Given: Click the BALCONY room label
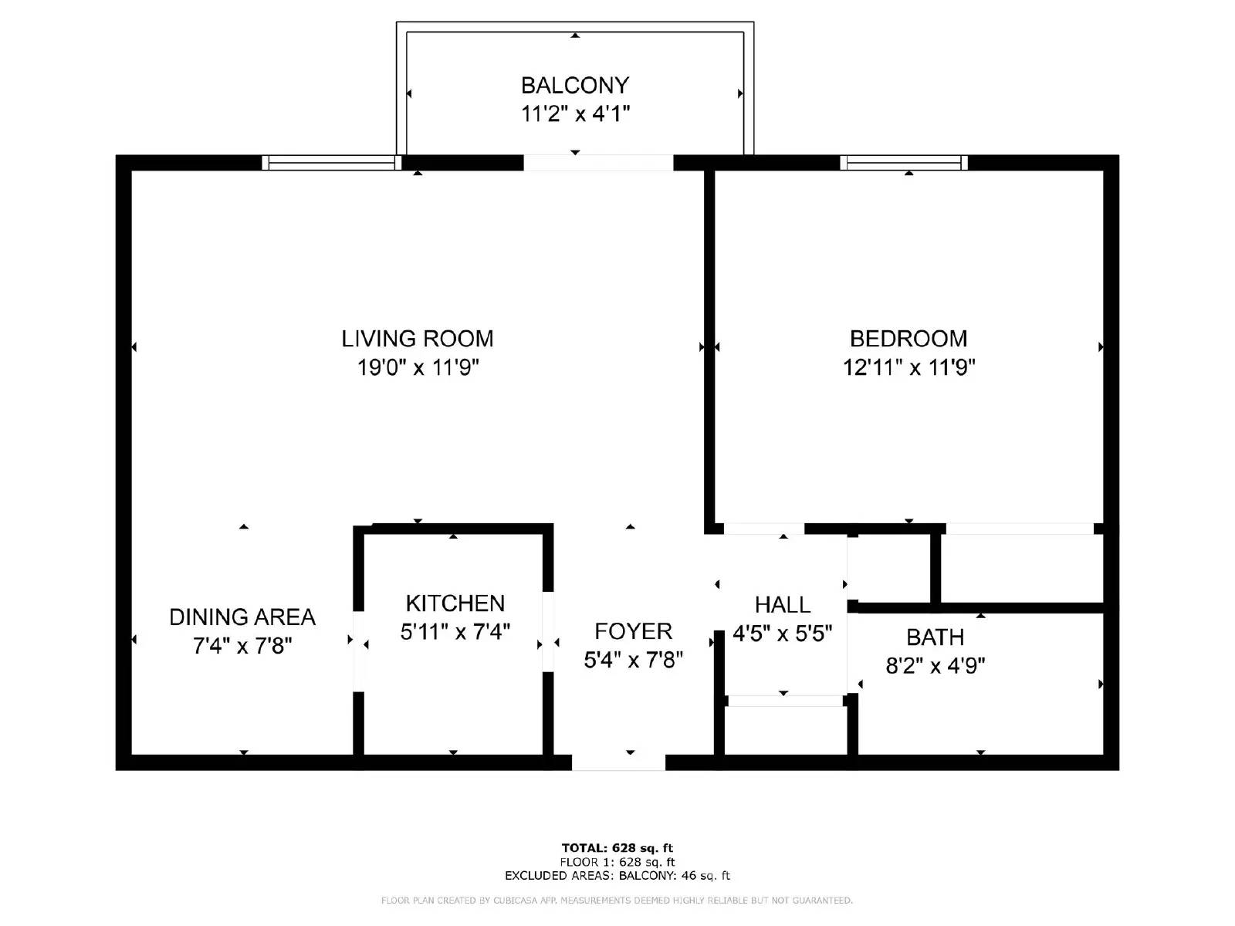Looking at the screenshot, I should [x=575, y=85].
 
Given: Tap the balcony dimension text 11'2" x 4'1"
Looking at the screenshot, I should [x=575, y=114].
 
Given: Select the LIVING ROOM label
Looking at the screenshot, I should [x=418, y=339].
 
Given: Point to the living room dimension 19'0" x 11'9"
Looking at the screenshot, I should [x=418, y=367].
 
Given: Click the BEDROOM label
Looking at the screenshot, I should [x=908, y=339].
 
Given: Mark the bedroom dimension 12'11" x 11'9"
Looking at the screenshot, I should [x=908, y=367].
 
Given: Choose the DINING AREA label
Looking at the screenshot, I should [x=242, y=617].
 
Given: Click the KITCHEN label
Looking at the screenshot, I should [x=455, y=603].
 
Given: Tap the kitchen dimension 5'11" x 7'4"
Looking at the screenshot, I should [x=455, y=632].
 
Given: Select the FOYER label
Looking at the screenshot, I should [x=633, y=631].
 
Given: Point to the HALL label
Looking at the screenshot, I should [x=783, y=605].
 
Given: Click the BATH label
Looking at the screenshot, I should [x=935, y=637].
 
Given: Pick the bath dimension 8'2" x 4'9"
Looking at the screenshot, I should [x=935, y=665].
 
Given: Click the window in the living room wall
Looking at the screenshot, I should [x=332, y=163].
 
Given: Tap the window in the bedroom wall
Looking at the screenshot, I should [x=904, y=163].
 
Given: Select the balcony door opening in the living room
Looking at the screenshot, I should [x=598, y=163].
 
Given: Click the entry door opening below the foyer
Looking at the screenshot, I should [x=618, y=762].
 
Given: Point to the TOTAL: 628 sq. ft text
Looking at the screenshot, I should [x=617, y=848].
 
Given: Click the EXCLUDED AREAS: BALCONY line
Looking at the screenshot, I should [x=617, y=876].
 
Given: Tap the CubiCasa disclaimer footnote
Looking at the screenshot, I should [x=617, y=901].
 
